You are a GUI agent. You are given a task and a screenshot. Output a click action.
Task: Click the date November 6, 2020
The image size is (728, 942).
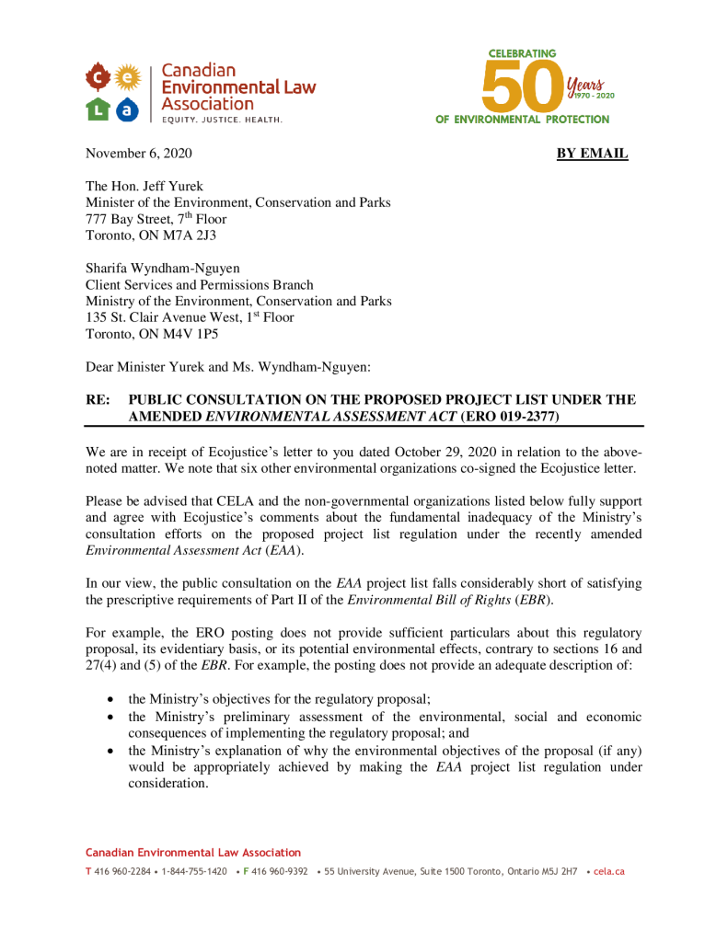[x=139, y=154]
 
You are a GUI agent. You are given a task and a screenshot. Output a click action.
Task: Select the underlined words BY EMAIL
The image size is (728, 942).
[x=592, y=154]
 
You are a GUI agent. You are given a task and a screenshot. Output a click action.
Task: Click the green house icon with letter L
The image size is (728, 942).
[x=98, y=109]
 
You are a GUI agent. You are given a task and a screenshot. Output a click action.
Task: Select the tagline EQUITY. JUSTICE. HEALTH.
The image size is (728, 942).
[x=222, y=120]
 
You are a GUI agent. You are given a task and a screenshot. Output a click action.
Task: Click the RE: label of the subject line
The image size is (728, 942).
[x=98, y=400]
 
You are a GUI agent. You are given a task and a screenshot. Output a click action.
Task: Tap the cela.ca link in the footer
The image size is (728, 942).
[x=609, y=871]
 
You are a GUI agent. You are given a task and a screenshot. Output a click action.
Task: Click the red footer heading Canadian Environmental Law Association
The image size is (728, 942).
[x=193, y=853]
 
